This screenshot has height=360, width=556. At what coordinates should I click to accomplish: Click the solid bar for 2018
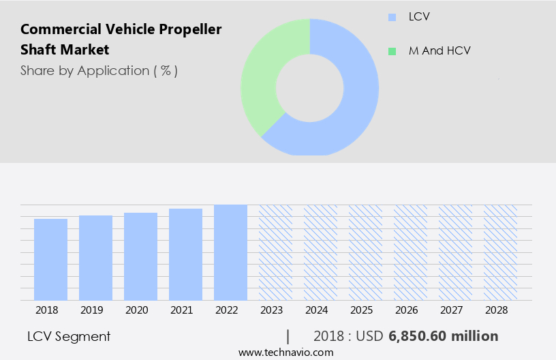[x=50, y=259]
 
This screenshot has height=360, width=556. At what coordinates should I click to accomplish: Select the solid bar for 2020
[x=140, y=256]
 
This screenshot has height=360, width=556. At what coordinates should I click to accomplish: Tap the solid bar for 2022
[x=230, y=252]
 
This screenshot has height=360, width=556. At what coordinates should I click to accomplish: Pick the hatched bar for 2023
[x=275, y=252]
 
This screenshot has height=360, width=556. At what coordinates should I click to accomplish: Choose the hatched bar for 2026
[x=410, y=252]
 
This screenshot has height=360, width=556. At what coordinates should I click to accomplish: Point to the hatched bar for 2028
[x=500, y=252]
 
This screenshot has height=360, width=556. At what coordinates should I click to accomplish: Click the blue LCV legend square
[x=391, y=17]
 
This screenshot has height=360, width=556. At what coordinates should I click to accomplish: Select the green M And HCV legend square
[x=391, y=51]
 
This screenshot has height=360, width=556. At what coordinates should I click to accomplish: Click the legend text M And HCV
[x=439, y=51]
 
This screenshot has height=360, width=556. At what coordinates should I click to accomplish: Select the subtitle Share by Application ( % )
[x=99, y=71]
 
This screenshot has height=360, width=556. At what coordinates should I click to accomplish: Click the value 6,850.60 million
[x=444, y=336]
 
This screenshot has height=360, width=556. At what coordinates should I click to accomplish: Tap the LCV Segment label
[x=69, y=336]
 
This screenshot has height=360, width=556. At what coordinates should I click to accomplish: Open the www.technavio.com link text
[x=286, y=352]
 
